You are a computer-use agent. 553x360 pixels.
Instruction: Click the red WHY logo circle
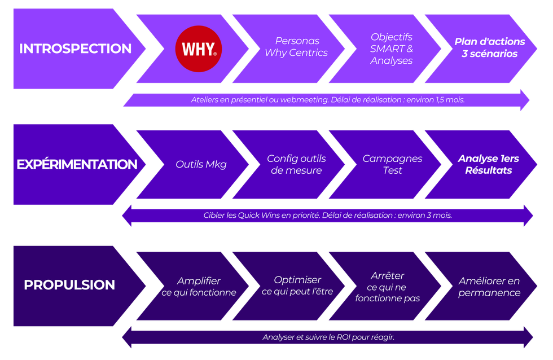(199, 49)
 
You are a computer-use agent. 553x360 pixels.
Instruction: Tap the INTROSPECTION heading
(75, 49)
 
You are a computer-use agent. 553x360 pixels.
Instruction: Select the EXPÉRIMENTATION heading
(77, 165)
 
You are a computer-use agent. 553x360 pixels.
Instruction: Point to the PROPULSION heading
(69, 285)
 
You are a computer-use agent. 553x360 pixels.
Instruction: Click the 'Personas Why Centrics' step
(296, 47)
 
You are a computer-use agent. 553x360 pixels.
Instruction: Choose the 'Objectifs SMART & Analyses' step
(392, 49)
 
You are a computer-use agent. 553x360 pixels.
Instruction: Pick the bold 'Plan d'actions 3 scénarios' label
(489, 48)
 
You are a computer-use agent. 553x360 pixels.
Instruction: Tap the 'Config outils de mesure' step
(296, 164)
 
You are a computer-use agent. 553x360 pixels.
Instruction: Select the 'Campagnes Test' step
(392, 164)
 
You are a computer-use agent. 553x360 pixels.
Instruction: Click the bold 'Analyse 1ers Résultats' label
(488, 164)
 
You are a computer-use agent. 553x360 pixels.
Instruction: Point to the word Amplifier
(199, 281)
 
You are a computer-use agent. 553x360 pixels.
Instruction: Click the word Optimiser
(297, 280)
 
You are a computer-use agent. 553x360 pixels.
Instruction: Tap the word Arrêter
(388, 276)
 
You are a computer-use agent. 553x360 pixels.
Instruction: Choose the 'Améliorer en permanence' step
(489, 287)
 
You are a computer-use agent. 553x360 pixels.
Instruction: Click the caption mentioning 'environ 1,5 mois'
(327, 100)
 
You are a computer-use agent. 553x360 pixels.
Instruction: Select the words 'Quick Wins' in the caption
(256, 215)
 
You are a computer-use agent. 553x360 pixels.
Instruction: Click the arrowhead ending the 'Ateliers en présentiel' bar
(524, 100)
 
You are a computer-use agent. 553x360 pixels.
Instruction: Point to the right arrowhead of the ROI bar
(528, 337)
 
